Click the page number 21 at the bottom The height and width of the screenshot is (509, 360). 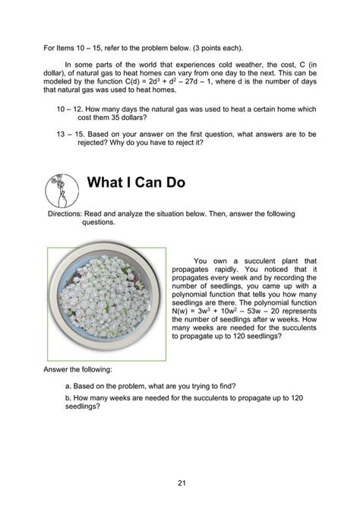[180, 484]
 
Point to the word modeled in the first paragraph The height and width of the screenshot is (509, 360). [62, 89]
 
